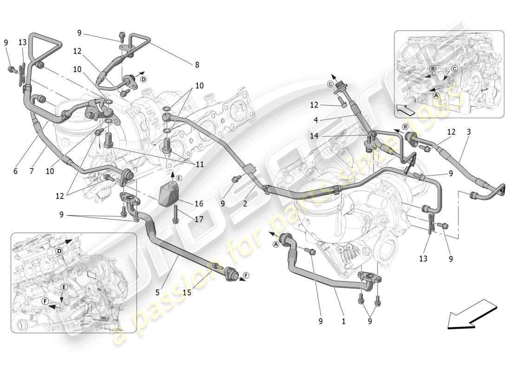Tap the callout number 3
point(469,132)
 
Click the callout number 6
point(15,171)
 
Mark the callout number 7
point(32,171)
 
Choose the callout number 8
point(197,65)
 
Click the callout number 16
point(199,204)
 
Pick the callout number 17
point(199,219)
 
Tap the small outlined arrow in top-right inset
point(403,111)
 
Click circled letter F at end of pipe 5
point(246,275)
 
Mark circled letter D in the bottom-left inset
point(59,251)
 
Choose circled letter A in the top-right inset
point(435,95)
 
